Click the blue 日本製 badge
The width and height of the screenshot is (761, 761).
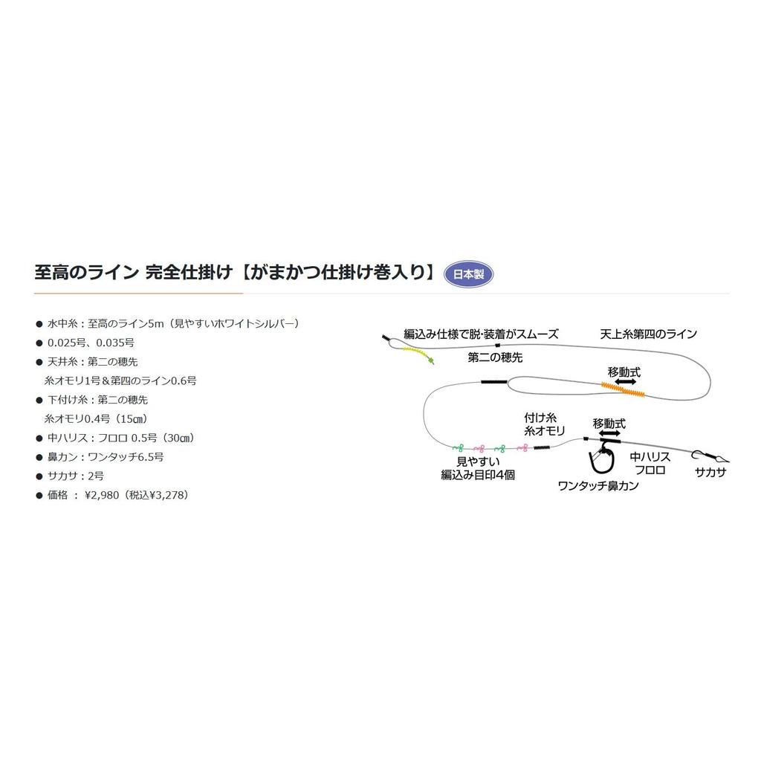[468, 273]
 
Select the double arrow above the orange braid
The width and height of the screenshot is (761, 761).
[626, 380]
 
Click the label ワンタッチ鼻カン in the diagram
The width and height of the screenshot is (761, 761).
[598, 486]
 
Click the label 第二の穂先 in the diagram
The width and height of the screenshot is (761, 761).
[495, 357]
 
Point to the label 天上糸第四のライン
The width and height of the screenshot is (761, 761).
[648, 334]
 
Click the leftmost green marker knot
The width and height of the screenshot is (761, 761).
[456, 448]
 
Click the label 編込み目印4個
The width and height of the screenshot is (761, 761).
[477, 475]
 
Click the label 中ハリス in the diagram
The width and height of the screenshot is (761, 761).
[650, 457]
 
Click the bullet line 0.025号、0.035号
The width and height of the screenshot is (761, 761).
[90, 342]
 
